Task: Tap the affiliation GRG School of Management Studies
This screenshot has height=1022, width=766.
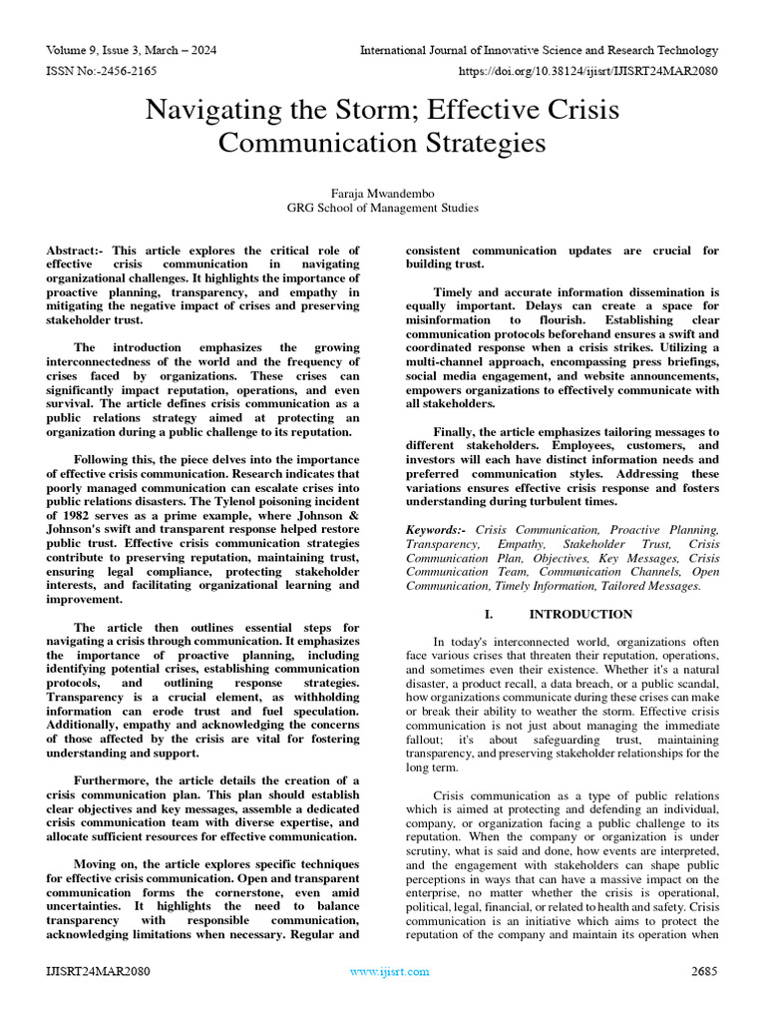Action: [x=383, y=208]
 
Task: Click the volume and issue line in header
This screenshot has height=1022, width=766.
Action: [x=132, y=50]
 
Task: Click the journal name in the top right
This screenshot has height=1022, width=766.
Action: [x=539, y=50]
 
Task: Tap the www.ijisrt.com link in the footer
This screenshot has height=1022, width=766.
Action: [x=389, y=971]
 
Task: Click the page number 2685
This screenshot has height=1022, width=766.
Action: [x=704, y=971]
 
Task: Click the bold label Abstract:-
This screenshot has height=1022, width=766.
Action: [x=77, y=251]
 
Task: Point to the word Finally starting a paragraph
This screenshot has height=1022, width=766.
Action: [x=455, y=432]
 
